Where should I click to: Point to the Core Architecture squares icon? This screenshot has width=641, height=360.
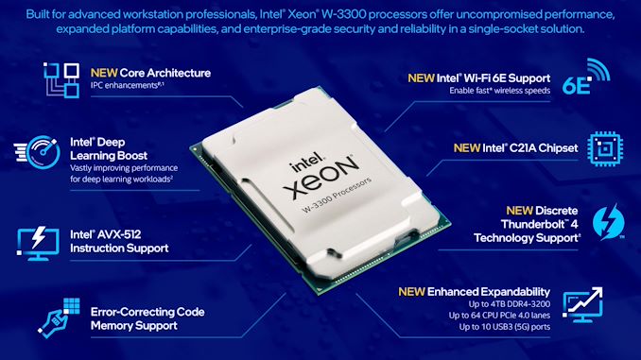pyautogui.click(x=59, y=78)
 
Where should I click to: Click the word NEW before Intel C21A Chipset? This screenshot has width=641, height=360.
pyautogui.click(x=468, y=147)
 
